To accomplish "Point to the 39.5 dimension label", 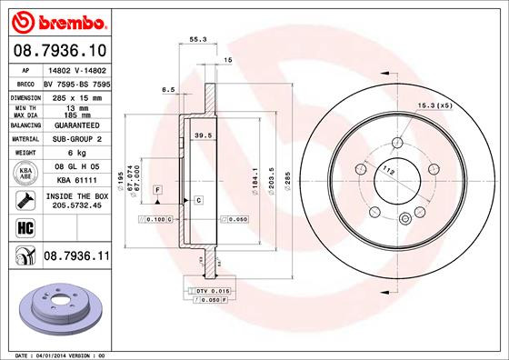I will [x=204, y=135].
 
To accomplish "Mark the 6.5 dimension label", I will [x=168, y=90].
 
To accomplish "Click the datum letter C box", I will [x=197, y=198].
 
